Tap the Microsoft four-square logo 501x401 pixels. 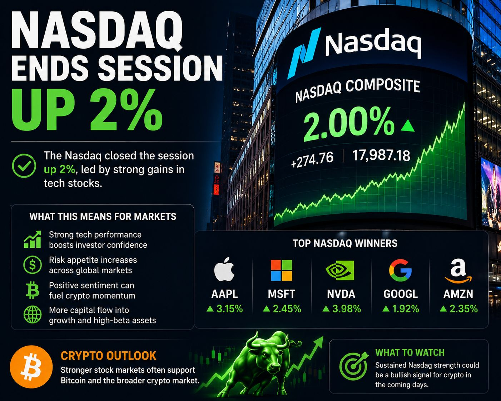pos(282,270)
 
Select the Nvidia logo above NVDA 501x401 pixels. pos(340,270)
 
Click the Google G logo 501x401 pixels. pos(400,270)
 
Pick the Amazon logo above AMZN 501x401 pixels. pos(458,271)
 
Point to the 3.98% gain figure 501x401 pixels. pos(342,309)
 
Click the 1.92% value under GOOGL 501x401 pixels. pos(401,309)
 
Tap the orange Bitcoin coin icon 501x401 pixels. pos(31,367)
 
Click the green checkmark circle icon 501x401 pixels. pos(24,165)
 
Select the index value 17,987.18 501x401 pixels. pos(381,155)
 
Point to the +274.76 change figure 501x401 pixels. pos(312,160)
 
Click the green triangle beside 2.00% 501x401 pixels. pos(408,126)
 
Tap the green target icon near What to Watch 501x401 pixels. pos(353,366)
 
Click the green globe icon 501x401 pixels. pos(33,315)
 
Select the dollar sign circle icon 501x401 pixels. pos(33,265)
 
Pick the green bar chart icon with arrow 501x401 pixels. pos(33,239)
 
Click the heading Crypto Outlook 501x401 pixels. pos(109,356)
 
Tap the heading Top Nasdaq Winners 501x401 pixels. pos(345,243)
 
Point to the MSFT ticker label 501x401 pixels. pos(282,294)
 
